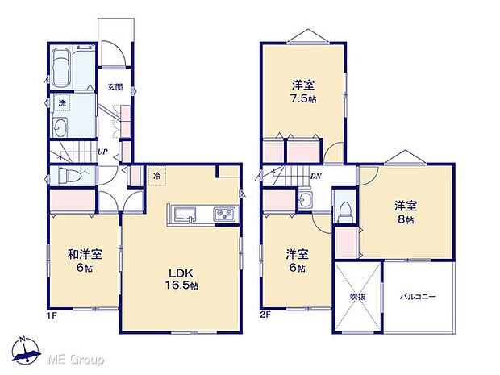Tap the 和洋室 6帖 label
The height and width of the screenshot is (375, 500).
[84, 260]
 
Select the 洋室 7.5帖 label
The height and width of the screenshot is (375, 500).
[302, 93]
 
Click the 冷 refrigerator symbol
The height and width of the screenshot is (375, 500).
[156, 176]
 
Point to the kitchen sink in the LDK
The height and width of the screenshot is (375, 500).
[183, 215]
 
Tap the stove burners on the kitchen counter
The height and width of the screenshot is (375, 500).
[223, 215]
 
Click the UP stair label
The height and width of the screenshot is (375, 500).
[102, 151]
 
